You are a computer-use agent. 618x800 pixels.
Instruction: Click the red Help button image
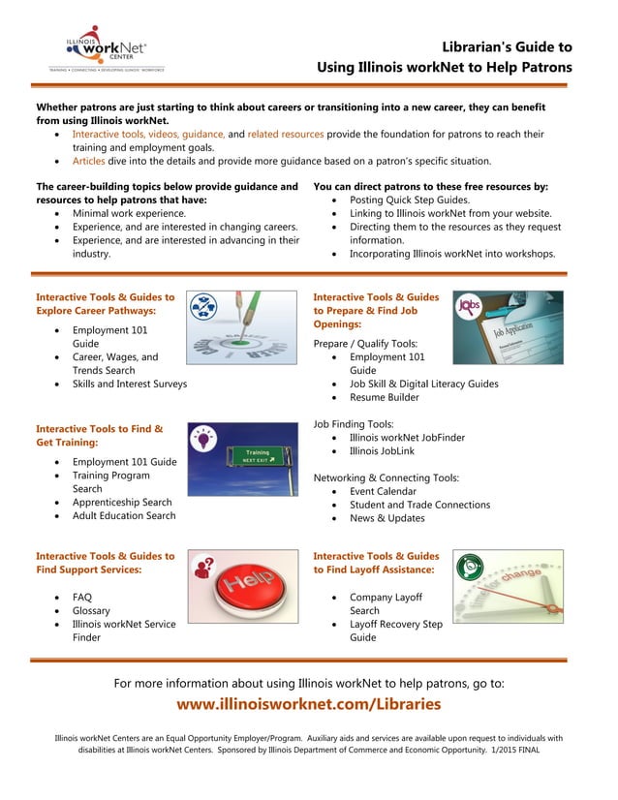(242, 586)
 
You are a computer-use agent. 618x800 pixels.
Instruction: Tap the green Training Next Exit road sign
(242, 459)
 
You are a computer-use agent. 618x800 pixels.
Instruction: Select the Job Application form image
(508, 327)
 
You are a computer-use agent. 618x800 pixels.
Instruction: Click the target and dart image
(242, 327)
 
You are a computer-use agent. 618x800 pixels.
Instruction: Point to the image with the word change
(508, 586)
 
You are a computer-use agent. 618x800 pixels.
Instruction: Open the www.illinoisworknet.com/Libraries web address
(308, 704)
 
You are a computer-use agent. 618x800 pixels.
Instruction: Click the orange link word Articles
(89, 162)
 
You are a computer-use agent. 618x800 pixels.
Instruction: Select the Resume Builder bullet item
(384, 397)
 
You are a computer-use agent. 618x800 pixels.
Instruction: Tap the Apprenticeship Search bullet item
(122, 503)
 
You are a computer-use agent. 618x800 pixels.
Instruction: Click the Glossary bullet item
(91, 611)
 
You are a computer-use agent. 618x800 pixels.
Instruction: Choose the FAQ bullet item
(82, 598)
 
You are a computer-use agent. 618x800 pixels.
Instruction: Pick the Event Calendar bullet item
(383, 491)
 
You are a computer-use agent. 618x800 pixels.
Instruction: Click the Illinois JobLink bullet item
(387, 451)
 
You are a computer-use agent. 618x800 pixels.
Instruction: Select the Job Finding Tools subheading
(354, 424)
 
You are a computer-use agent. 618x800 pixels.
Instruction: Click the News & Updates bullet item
(386, 518)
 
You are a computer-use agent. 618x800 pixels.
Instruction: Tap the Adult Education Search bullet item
(124, 516)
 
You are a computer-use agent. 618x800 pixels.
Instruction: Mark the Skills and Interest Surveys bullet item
(130, 384)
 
